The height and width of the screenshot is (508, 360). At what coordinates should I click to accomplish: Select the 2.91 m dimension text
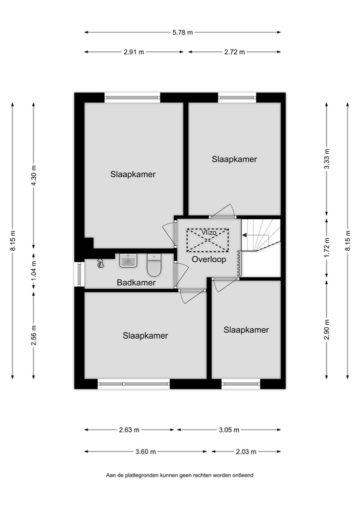133,52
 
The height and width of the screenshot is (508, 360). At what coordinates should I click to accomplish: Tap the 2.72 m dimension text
234,52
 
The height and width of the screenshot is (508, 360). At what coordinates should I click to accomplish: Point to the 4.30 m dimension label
34,175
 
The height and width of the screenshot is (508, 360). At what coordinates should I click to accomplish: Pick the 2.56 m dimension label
34,335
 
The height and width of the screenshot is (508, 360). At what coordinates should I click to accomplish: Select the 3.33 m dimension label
327,159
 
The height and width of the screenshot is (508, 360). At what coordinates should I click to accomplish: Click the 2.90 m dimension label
327,329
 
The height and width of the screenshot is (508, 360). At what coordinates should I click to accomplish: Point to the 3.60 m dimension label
145,452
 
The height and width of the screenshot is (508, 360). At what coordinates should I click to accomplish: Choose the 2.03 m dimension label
246,452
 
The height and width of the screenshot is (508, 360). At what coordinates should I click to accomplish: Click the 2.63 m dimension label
129,430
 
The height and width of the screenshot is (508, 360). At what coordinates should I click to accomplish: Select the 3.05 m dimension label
229,430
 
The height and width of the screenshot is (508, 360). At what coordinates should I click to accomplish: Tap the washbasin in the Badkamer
128,260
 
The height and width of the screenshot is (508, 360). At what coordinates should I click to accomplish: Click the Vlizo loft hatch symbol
207,239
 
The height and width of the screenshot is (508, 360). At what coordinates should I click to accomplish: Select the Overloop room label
209,260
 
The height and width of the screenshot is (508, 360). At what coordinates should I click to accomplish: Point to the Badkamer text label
136,283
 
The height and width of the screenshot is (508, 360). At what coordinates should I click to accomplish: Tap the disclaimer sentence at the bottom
179,475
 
